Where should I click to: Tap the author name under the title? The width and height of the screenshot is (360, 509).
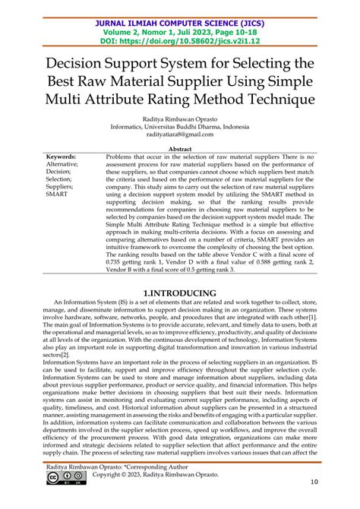(180, 119)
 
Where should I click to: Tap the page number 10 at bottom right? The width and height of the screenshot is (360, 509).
(336, 502)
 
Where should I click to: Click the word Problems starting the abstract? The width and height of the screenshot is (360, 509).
(122, 156)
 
